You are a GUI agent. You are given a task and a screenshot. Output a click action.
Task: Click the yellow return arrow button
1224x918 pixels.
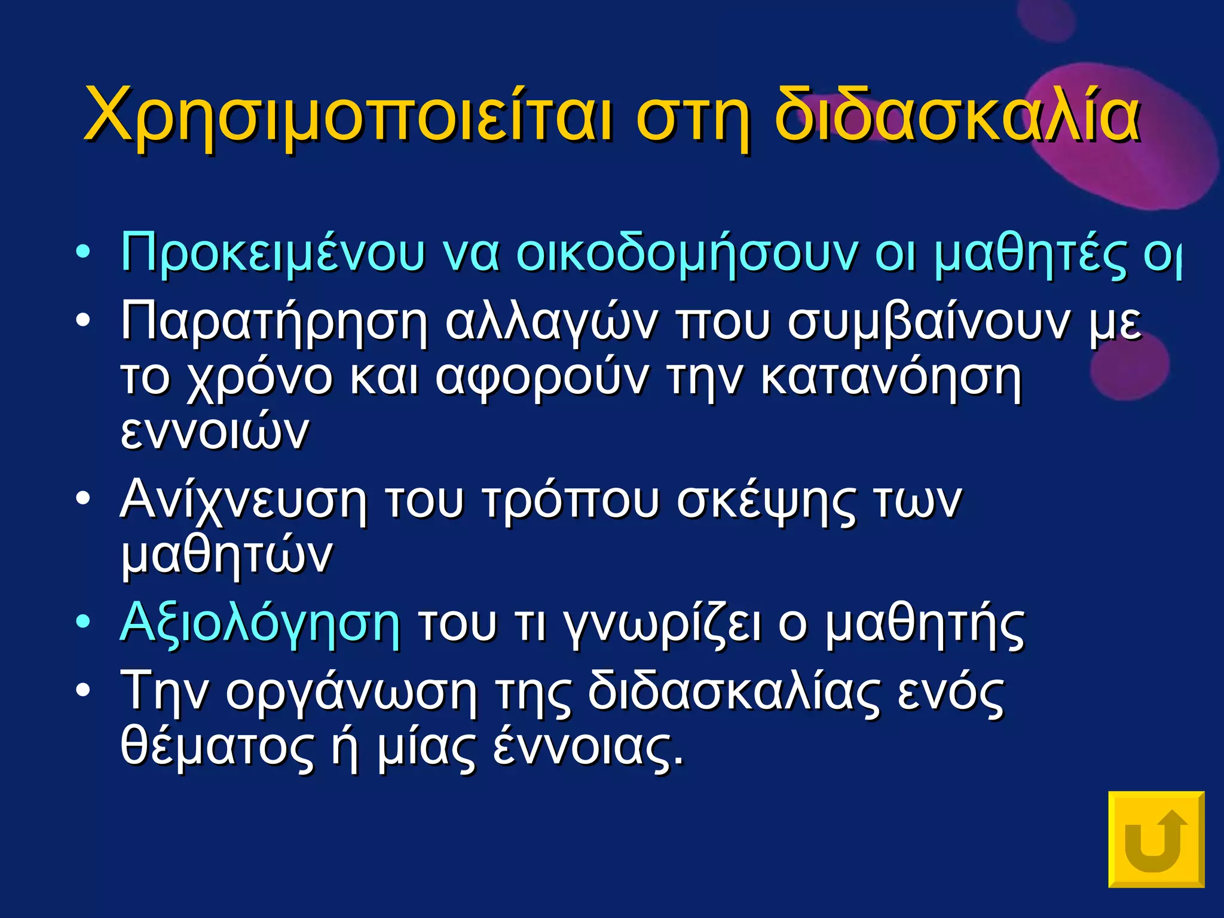pyautogui.click(x=1156, y=839)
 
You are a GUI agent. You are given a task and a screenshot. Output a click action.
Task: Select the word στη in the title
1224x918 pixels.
pyautogui.click(x=693, y=117)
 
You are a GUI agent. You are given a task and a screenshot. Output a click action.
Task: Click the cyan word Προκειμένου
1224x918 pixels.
pyautogui.click(x=273, y=253)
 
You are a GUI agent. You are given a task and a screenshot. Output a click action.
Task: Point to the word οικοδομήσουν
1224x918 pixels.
pyautogui.click(x=687, y=253)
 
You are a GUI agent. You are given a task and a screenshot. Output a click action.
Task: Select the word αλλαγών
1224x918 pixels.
pyautogui.click(x=550, y=323)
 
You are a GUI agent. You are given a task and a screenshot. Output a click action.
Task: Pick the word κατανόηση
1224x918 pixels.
pyautogui.click(x=891, y=378)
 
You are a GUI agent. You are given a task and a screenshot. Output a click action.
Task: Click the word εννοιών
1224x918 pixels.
pyautogui.click(x=215, y=432)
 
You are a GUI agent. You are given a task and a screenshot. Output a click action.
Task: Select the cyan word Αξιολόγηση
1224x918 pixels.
pyautogui.click(x=260, y=625)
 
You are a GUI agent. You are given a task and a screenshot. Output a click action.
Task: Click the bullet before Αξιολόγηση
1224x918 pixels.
pyautogui.click(x=83, y=622)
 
